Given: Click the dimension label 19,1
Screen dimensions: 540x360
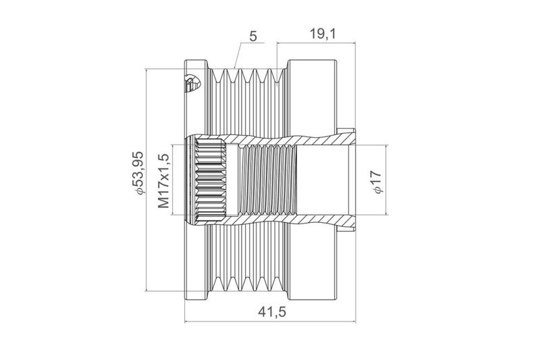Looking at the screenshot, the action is point(323,34).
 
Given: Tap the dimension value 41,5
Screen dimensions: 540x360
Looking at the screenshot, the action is point(272,312).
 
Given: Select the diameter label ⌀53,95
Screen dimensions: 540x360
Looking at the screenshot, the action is point(138,173).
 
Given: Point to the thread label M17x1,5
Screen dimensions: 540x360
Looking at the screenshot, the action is point(164,181).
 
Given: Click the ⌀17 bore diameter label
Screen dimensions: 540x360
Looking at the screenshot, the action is point(377,182).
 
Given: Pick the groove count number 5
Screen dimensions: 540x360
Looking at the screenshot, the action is point(253,36).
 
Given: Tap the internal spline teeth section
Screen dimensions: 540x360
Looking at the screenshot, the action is point(211,180).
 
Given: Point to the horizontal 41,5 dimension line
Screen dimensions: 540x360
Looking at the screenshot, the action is point(271,322).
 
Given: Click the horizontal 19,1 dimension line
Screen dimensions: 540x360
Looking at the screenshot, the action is point(316,43).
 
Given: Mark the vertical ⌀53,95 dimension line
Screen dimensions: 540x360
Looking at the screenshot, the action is point(146,180).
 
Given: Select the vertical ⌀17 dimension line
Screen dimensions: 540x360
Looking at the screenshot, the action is point(386,180).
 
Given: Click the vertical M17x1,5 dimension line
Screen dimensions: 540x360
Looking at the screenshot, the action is point(172,180).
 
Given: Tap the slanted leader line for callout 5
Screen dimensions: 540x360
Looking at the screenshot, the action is point(238,55).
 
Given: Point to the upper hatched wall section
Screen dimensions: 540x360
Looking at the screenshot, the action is point(275,140).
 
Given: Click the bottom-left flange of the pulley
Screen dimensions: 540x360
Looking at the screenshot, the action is point(196,262).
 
